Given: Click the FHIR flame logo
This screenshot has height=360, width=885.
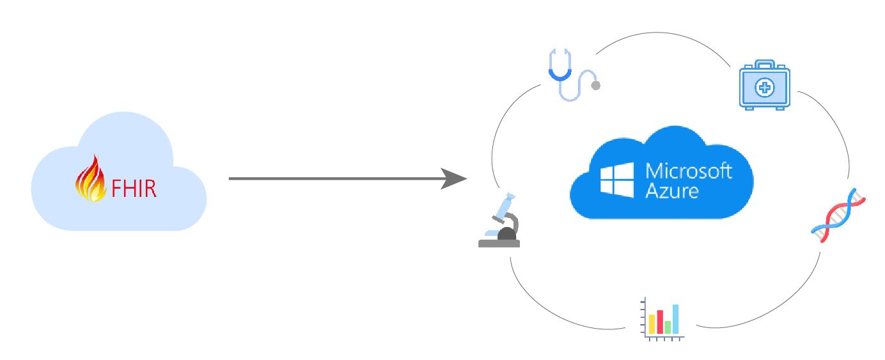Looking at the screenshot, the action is click(x=91, y=178).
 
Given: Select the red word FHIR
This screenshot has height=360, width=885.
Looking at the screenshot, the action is click(x=134, y=189).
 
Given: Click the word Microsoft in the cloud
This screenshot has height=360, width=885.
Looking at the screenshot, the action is click(x=688, y=171).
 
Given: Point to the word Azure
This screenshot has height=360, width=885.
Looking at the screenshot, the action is click(x=671, y=191).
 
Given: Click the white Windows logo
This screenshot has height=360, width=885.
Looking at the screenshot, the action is click(x=616, y=180).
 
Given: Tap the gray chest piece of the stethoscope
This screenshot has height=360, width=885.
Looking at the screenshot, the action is click(x=595, y=85).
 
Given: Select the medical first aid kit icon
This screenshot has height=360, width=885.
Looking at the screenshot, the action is click(x=765, y=85).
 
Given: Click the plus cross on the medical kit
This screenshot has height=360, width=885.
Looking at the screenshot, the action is click(x=765, y=88).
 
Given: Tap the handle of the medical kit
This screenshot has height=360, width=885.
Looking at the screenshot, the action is click(x=765, y=65).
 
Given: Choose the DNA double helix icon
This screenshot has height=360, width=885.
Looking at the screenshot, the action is click(x=838, y=215).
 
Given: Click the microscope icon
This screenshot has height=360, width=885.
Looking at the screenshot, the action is click(x=499, y=220).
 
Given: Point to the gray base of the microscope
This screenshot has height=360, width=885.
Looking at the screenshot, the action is click(x=499, y=244).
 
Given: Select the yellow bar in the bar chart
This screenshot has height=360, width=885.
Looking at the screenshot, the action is click(x=652, y=324).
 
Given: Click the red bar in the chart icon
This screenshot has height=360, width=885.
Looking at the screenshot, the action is click(x=660, y=322).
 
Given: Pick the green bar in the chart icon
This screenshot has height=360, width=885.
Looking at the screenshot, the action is click(x=668, y=327).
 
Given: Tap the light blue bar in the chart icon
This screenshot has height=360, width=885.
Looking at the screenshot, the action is click(x=676, y=319).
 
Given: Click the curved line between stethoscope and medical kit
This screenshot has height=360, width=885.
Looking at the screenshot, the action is click(x=662, y=33).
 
